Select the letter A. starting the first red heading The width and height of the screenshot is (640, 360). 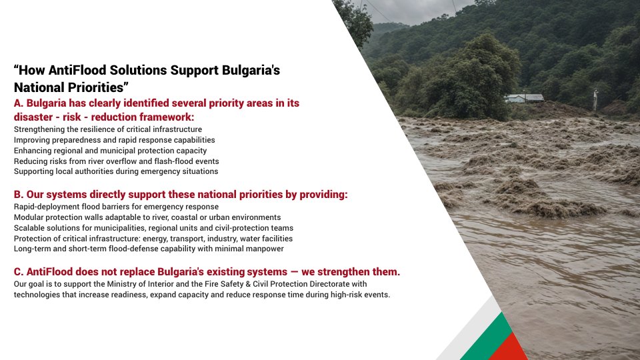(19, 103)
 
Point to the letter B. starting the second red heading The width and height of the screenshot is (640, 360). (19, 195)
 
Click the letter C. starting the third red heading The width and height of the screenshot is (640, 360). (19, 272)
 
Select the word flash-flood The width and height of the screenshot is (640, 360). (174, 161)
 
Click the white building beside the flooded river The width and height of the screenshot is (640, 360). (525, 98)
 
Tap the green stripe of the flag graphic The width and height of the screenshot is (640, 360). (485, 338)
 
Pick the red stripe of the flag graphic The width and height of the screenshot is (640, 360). (509, 349)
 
